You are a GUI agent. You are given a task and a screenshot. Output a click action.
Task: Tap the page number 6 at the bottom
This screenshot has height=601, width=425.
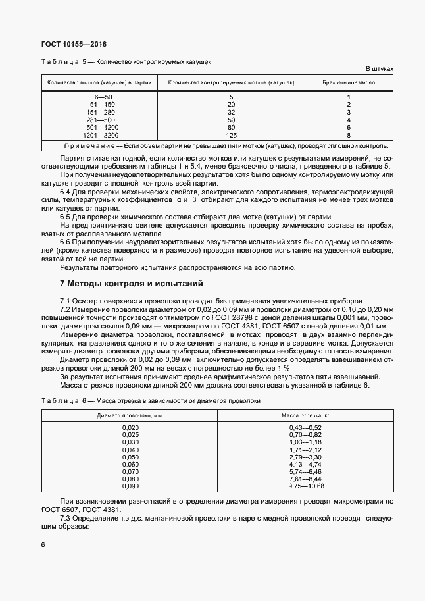pos(43,545)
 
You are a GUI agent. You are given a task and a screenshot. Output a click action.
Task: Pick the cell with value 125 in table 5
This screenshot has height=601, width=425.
pos(231,134)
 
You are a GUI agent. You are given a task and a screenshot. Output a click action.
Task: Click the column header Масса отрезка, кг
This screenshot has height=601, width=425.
pos(306,416)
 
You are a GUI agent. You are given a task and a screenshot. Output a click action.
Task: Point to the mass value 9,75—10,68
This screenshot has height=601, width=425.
pos(307,486)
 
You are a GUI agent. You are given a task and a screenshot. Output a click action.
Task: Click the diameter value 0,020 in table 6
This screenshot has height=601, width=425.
pos(131,428)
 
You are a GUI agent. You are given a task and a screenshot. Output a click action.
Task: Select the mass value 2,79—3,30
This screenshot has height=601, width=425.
pos(305,457)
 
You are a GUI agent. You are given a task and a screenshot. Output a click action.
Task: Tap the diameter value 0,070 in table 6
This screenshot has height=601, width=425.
pos(131,471)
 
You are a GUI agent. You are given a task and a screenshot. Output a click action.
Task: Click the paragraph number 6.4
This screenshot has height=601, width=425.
pos(66,192)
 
